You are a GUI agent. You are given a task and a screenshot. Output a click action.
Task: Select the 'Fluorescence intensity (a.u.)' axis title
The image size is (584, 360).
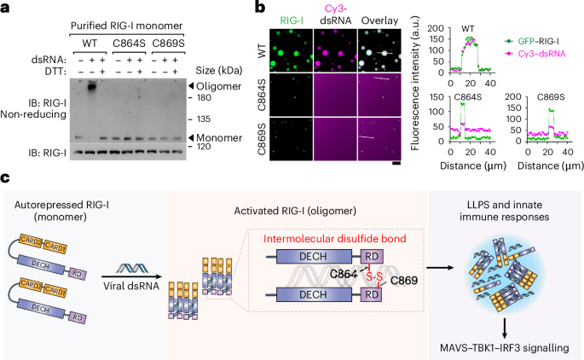point(413,92)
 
